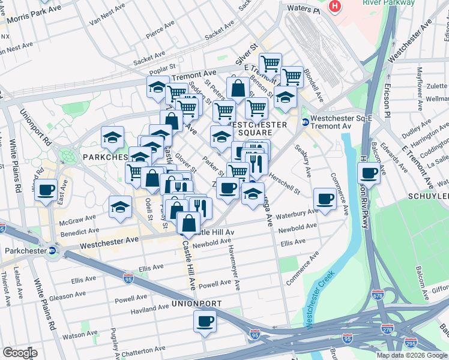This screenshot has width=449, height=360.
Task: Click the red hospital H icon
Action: pos(335,6)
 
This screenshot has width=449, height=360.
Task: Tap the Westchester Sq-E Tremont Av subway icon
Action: pos(305,122)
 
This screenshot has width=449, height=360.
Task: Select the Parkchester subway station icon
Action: pos(53,251)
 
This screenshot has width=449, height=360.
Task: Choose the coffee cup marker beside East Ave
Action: pos(45,190)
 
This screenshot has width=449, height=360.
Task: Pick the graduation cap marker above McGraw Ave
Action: pos(120,207)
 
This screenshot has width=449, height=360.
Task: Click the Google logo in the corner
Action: pos(20,352)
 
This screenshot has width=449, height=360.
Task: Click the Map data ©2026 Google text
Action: pos(411,355)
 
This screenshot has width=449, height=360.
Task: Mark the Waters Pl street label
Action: pos(303,8)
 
